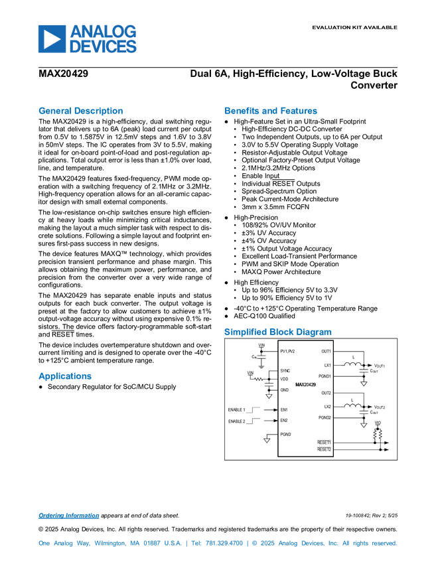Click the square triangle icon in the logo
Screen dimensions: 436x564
pyautogui.click(x=51, y=39)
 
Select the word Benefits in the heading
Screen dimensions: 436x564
pyautogui.click(x=240, y=111)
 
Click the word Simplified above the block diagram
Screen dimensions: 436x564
pyautogui.click(x=245, y=332)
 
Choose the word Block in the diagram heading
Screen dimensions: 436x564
pyautogui.click(x=281, y=332)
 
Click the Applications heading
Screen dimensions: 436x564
pyautogui.click(x=64, y=376)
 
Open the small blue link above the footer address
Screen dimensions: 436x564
pyautogui.click(x=68, y=516)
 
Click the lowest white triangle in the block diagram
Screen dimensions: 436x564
pyautogui.click(x=267, y=440)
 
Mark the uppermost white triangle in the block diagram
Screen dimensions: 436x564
pyautogui.click(x=363, y=384)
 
